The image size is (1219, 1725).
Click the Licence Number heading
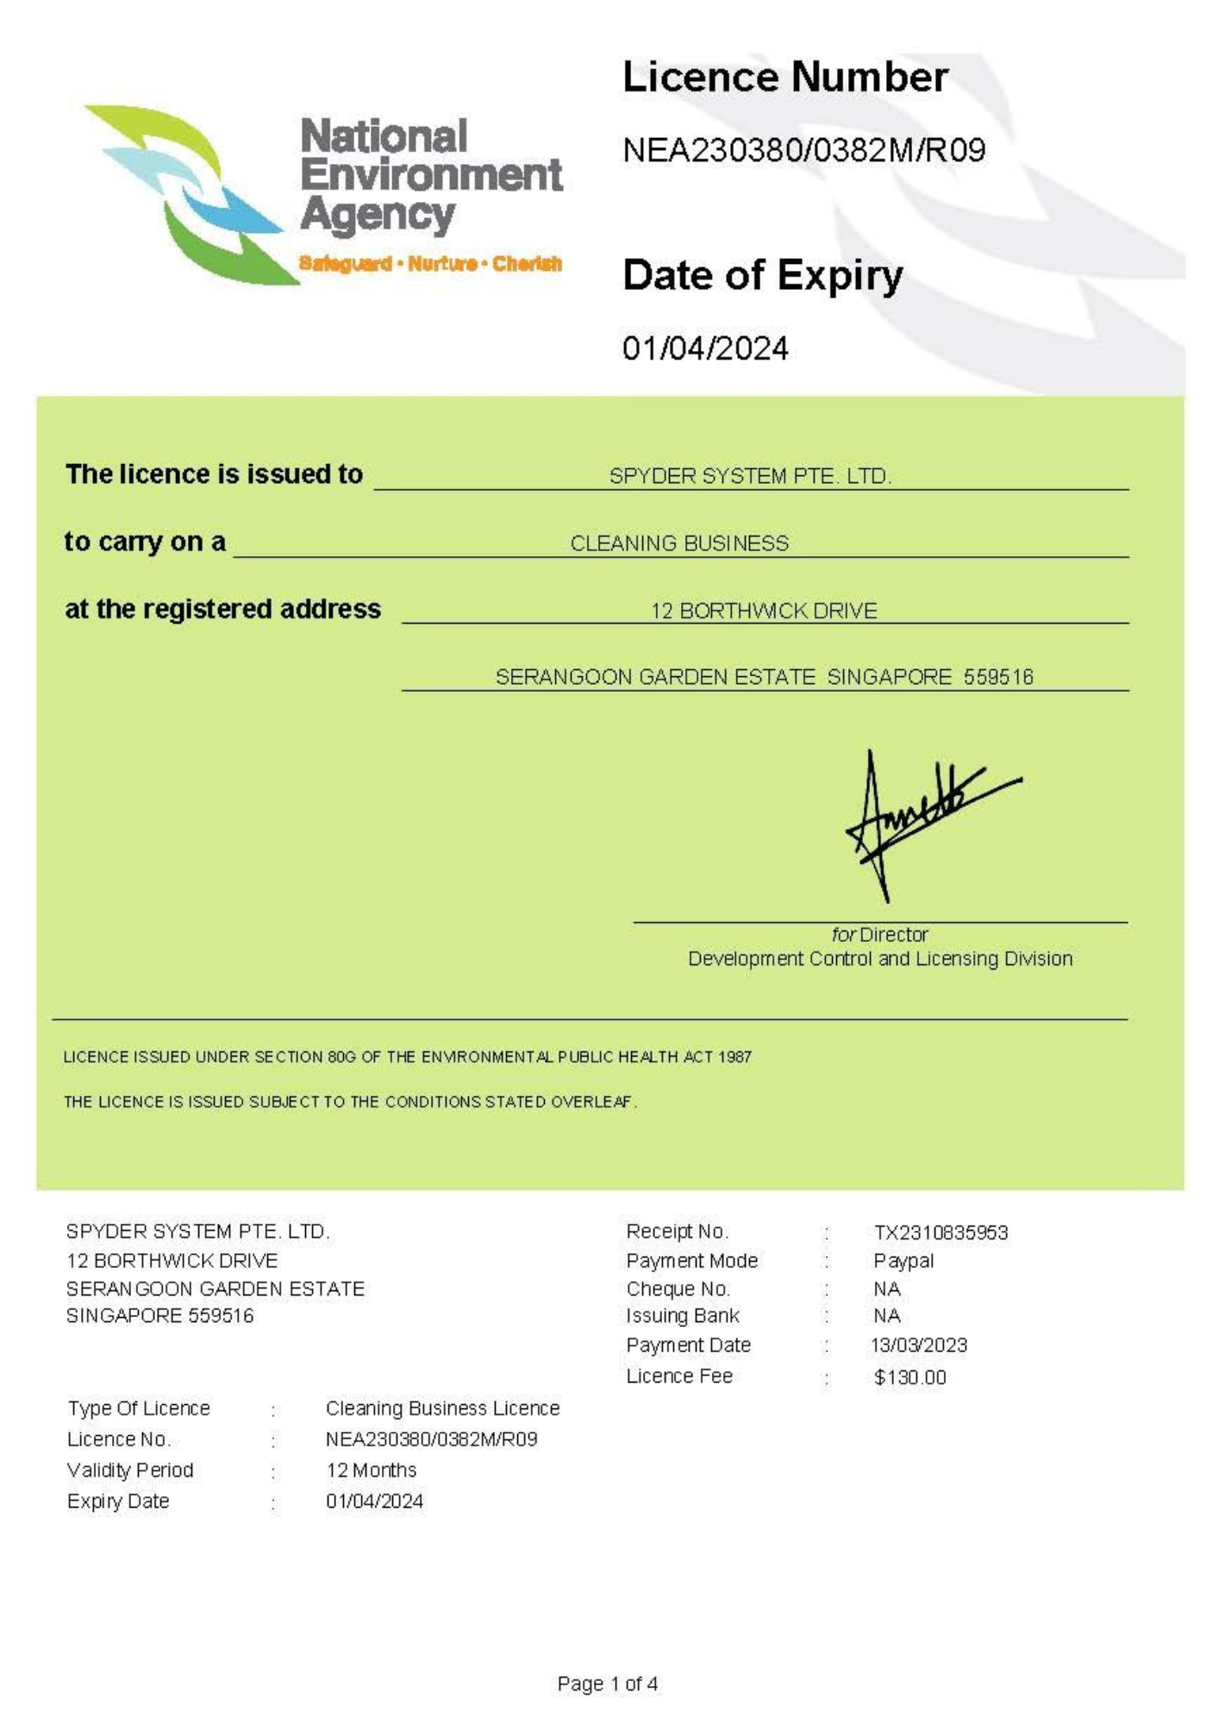[x=785, y=78]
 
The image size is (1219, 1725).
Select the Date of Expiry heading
[x=762, y=276]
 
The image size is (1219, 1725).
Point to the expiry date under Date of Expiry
[x=704, y=348]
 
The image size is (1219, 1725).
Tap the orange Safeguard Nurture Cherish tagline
[x=430, y=263]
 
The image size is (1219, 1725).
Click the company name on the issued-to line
[x=750, y=476]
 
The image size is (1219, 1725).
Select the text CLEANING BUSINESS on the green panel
[x=679, y=543]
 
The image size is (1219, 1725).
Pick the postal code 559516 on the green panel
[x=998, y=677]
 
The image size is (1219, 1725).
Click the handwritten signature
[x=922, y=819]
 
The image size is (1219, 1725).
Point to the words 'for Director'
[x=879, y=934]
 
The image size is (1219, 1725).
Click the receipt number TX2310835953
[x=941, y=1233]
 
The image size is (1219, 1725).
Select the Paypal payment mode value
[x=903, y=1261]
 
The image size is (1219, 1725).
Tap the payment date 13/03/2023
[x=919, y=1345]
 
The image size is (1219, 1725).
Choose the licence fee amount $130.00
[x=910, y=1377]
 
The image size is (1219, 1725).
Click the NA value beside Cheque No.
[x=887, y=1289]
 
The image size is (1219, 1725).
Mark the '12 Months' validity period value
[x=371, y=1470]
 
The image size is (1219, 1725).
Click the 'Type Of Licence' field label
[x=139, y=1408]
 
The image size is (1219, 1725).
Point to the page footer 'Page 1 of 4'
[x=608, y=1684]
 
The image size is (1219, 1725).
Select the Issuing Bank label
[x=683, y=1316]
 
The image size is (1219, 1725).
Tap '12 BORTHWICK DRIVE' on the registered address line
[x=764, y=611]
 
